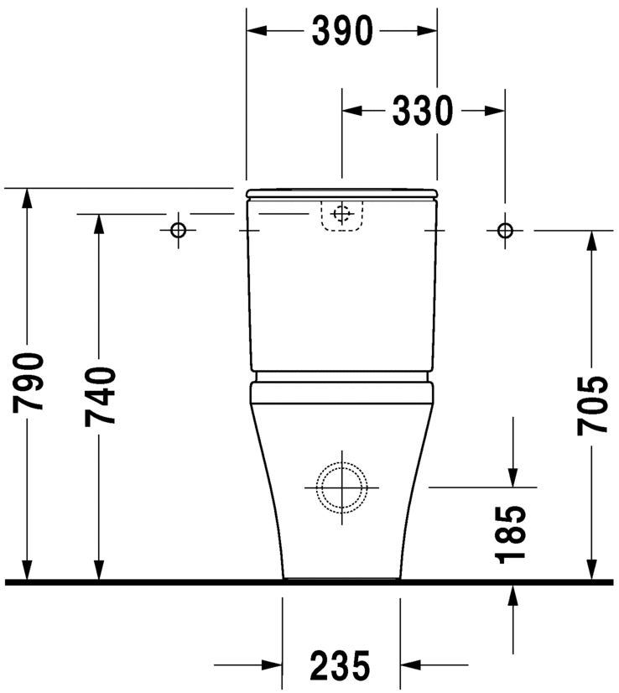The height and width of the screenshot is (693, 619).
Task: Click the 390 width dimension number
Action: (x=342, y=31)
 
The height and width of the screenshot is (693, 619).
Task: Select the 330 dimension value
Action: (x=423, y=110)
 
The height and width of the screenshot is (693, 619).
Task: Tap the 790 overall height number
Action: (x=29, y=383)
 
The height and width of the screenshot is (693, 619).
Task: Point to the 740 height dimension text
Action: (x=100, y=395)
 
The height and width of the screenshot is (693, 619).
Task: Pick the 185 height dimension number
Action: (x=512, y=534)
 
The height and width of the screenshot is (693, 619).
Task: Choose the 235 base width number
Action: (x=341, y=666)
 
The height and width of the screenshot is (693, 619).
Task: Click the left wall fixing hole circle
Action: (x=178, y=230)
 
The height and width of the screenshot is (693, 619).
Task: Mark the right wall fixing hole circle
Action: (x=504, y=230)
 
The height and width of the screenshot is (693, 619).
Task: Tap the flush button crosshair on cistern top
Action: (x=341, y=214)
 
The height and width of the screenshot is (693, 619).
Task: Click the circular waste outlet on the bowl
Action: (x=341, y=487)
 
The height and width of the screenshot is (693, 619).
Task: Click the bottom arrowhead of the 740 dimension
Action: (x=100, y=570)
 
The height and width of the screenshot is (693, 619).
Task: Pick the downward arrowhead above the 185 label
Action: (x=512, y=476)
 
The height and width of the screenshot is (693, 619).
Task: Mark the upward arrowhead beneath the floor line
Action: (x=512, y=594)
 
